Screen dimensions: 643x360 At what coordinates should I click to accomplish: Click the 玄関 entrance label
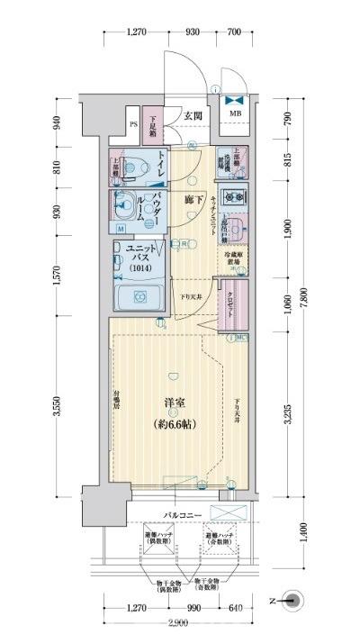pos(194,115)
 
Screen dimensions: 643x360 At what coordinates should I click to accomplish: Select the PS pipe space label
pos(133,124)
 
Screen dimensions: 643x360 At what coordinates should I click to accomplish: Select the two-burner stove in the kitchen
pos(236,198)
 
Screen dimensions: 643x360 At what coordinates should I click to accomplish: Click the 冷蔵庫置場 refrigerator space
pos(234,262)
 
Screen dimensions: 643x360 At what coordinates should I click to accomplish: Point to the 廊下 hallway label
pos(191,200)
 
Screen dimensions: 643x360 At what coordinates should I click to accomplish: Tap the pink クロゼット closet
pos(232,306)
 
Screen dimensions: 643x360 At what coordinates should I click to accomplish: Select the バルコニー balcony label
pos(181,515)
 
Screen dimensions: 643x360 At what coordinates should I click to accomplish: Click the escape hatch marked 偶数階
pos(159,539)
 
